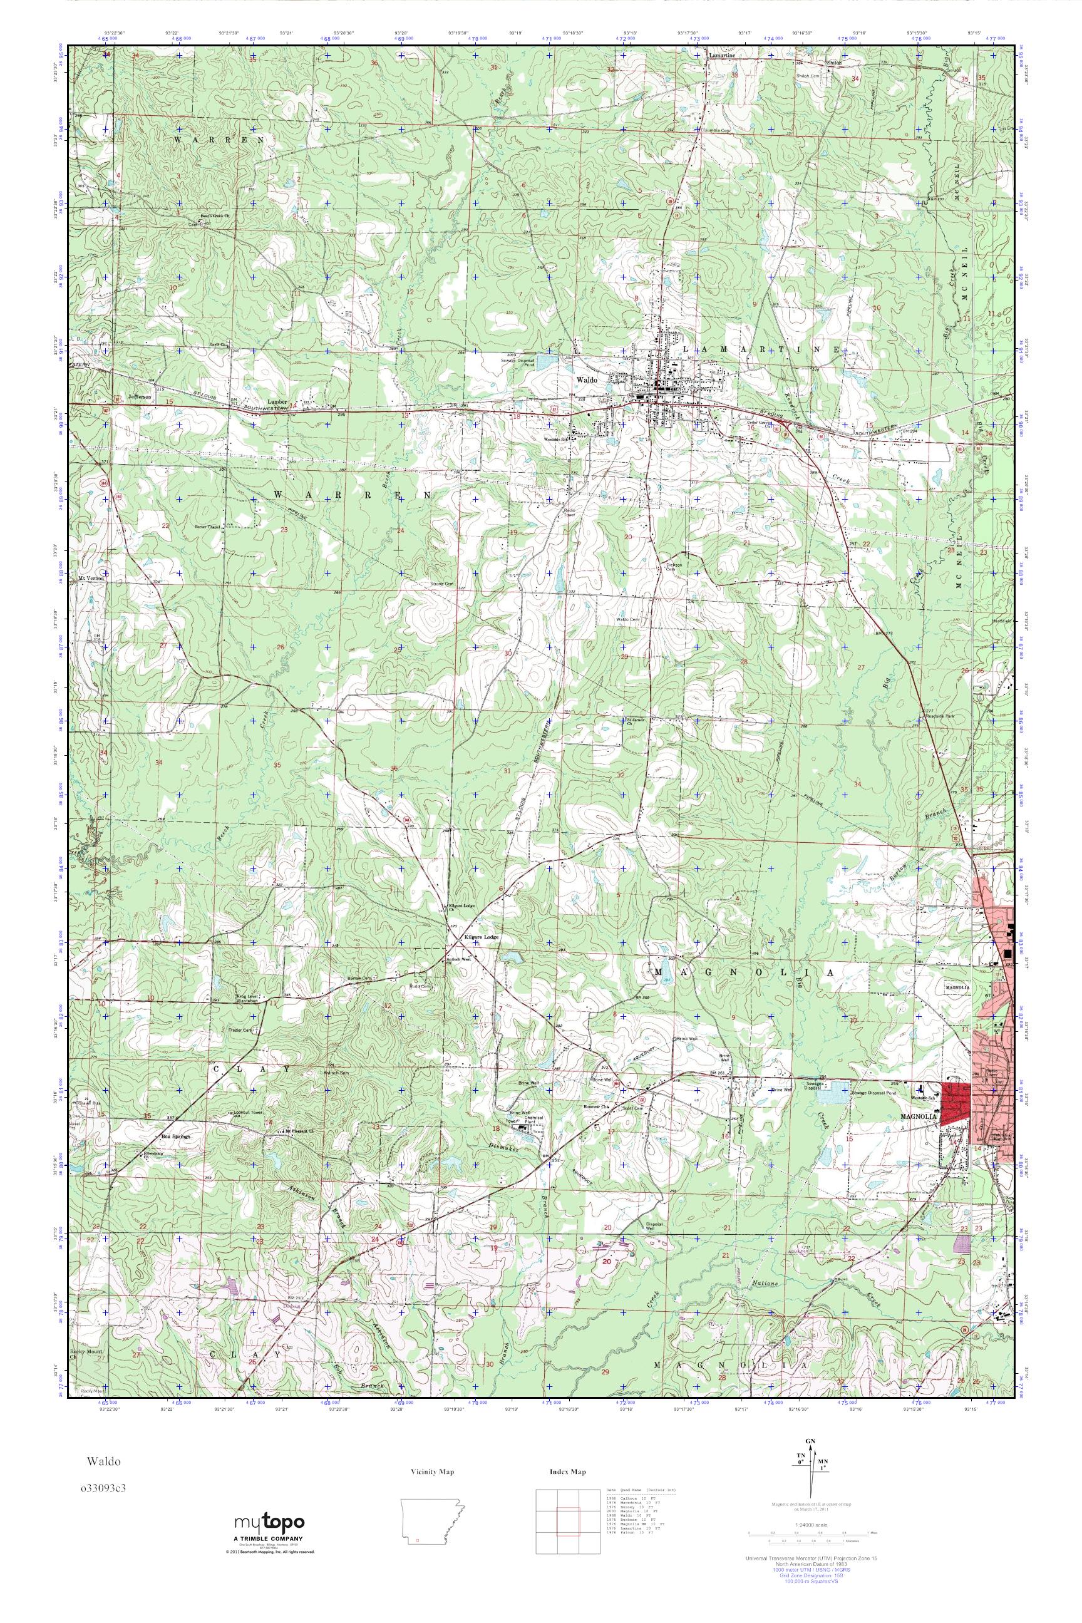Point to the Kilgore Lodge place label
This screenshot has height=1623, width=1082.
click(482, 937)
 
